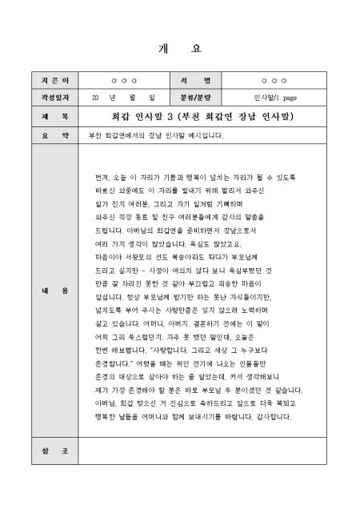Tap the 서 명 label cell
click(191, 81)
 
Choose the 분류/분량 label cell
click(191, 98)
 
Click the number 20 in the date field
click(96, 98)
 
